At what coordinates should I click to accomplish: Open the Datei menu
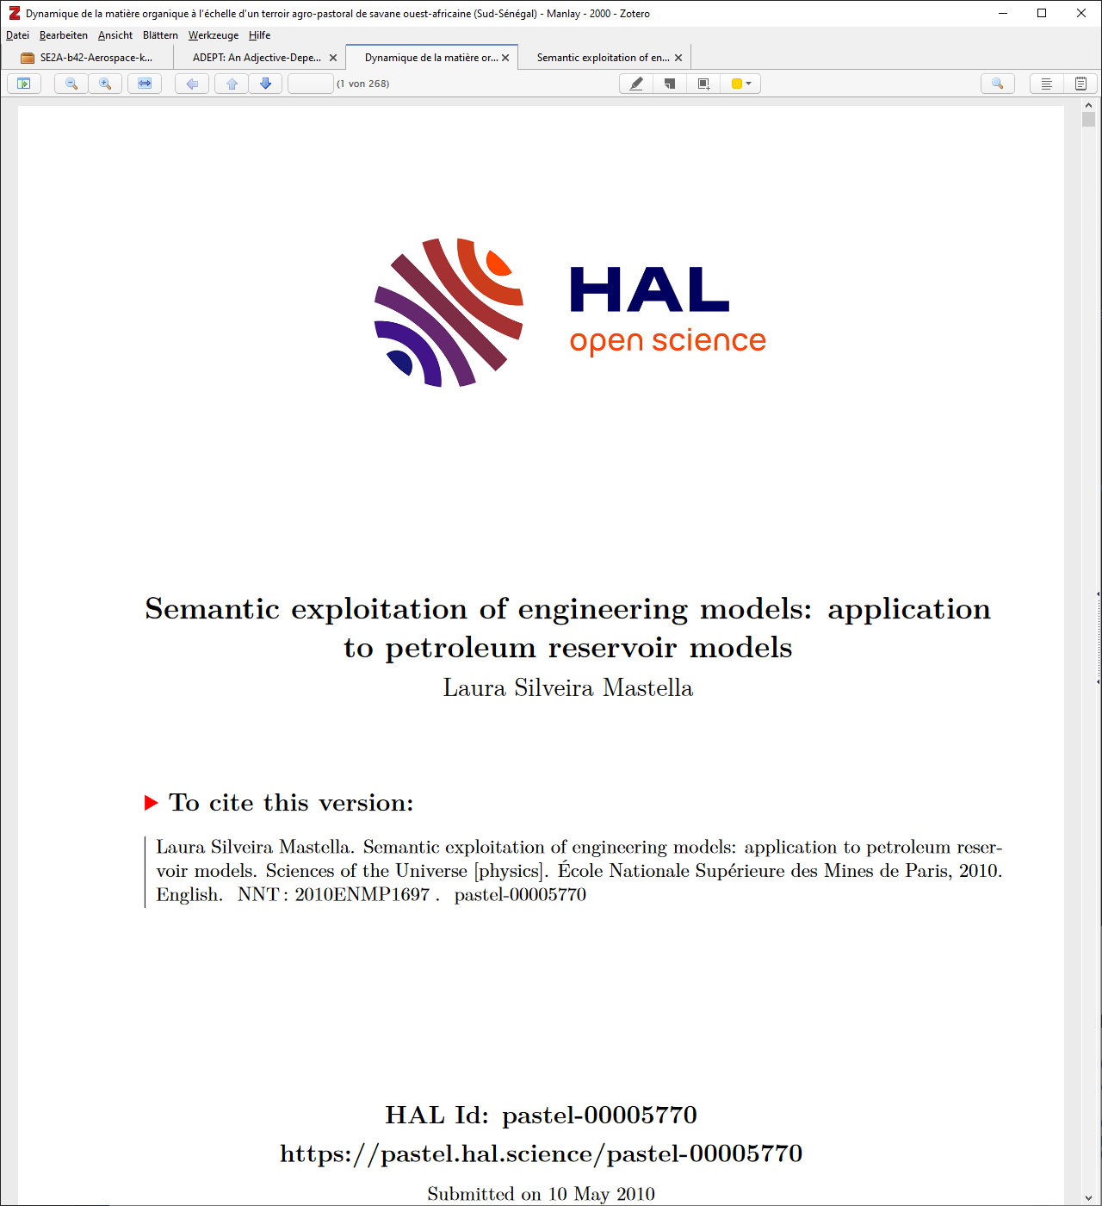[17, 35]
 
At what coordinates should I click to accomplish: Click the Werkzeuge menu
[213, 35]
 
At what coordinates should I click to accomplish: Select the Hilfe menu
[259, 35]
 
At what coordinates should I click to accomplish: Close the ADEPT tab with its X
[333, 58]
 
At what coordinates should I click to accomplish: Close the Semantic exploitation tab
[678, 58]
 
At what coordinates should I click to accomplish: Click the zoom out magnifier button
[71, 84]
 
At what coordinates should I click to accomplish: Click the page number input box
[310, 84]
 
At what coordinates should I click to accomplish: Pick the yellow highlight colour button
[737, 84]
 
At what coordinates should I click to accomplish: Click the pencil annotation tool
[636, 84]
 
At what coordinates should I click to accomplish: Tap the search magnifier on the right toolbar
[997, 84]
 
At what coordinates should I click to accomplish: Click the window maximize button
[1042, 13]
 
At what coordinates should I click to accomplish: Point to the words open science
[667, 341]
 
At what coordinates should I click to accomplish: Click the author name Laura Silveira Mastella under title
[567, 687]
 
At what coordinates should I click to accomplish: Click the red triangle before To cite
[151, 803]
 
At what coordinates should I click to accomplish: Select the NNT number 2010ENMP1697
[362, 894]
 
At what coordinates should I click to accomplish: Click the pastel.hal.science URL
[541, 1153]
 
